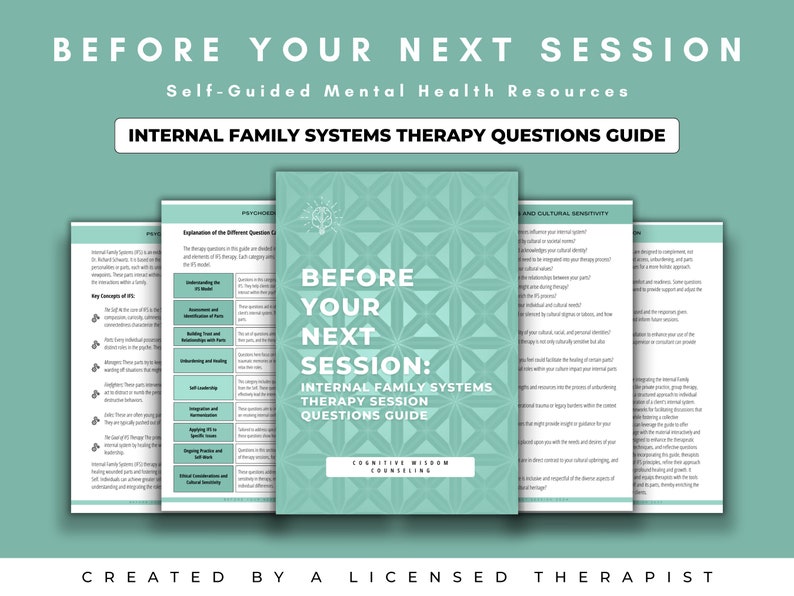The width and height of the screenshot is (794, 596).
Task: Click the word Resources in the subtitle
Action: pyautogui.click(x=577, y=91)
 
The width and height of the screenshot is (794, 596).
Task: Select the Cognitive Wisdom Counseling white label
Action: pyautogui.click(x=397, y=466)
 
